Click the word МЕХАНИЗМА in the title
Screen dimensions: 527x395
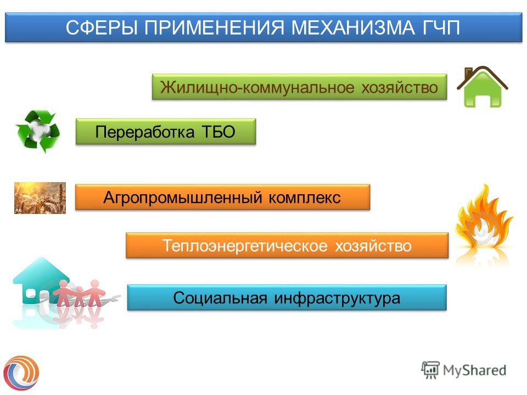[353, 27]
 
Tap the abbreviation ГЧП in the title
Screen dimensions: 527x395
[441, 27]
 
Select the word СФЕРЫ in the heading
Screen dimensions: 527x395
[102, 27]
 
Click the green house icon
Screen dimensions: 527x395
[483, 87]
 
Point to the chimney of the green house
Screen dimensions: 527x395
[468, 72]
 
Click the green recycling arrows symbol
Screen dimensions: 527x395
[38, 131]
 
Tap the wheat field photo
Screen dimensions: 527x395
[40, 198]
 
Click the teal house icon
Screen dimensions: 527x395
[40, 280]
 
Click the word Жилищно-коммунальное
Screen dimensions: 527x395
[257, 87]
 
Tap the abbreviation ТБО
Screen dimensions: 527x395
[218, 132]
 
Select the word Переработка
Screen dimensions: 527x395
[145, 132]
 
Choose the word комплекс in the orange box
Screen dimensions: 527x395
[305, 198]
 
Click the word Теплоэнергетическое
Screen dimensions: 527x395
[245, 246]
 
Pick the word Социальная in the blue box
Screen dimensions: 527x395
[220, 298]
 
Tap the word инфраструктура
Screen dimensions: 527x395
[337, 298]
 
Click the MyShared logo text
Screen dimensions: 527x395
[474, 370]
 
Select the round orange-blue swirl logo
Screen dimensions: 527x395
[21, 373]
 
